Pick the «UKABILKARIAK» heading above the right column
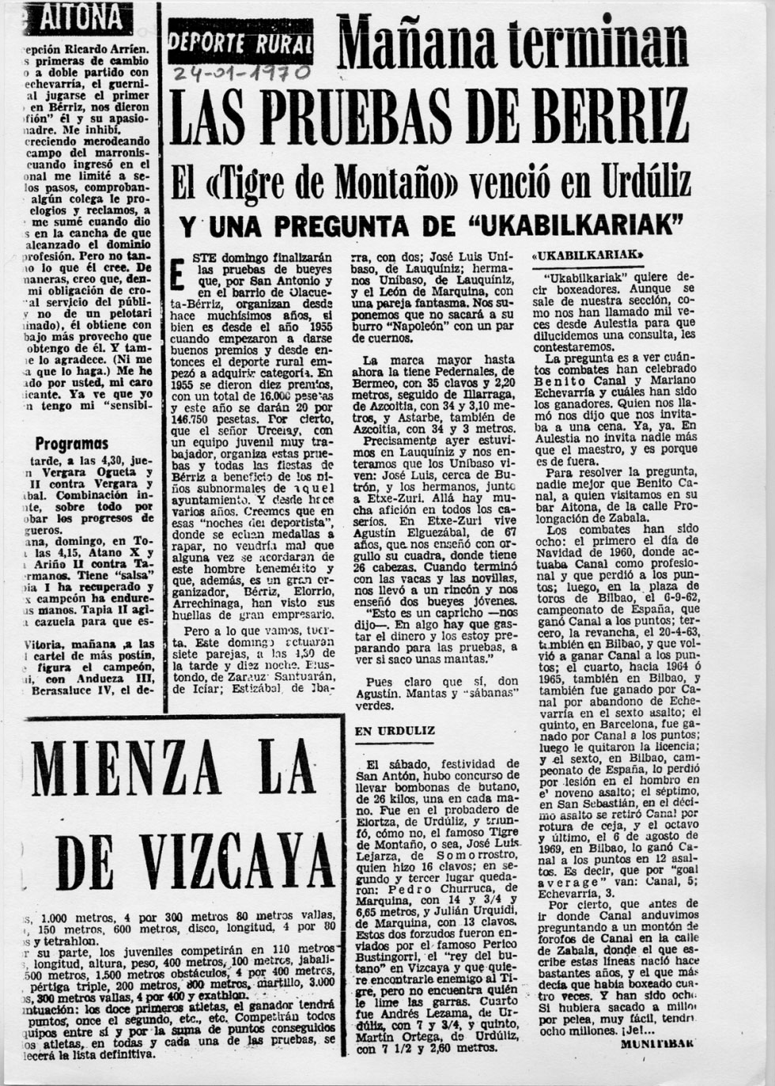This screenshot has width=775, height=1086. [x=588, y=256]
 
